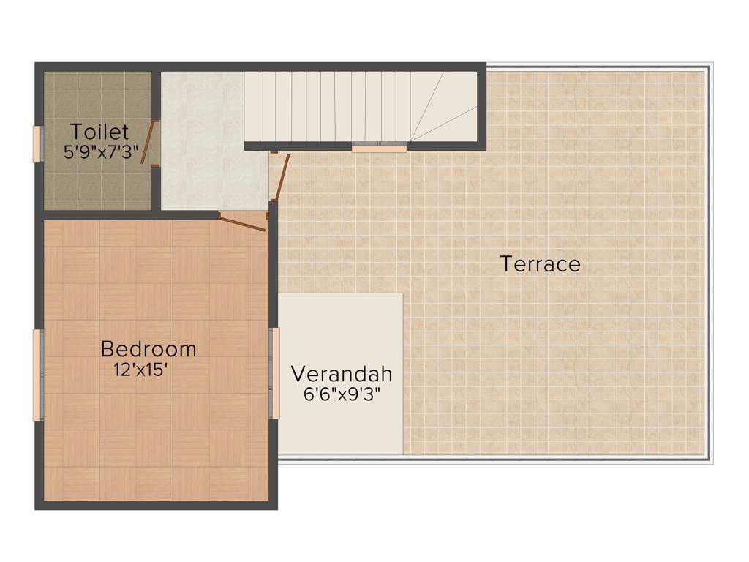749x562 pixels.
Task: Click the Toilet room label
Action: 99,132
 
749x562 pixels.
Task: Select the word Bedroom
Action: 148,349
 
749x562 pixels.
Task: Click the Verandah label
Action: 342,374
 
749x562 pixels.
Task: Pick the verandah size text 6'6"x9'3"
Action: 342,394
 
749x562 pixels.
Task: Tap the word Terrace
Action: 541,263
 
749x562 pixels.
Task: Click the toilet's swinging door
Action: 147,143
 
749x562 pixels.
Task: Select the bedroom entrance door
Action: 242,223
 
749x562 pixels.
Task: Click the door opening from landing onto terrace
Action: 281,176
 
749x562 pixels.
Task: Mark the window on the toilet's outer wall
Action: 37,143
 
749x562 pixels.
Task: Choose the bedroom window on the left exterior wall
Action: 37,375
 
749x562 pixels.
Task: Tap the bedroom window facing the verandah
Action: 276,373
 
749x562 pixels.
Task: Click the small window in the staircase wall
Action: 378,149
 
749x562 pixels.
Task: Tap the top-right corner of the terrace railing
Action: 709,66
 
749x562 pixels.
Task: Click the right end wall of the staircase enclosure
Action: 481,106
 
